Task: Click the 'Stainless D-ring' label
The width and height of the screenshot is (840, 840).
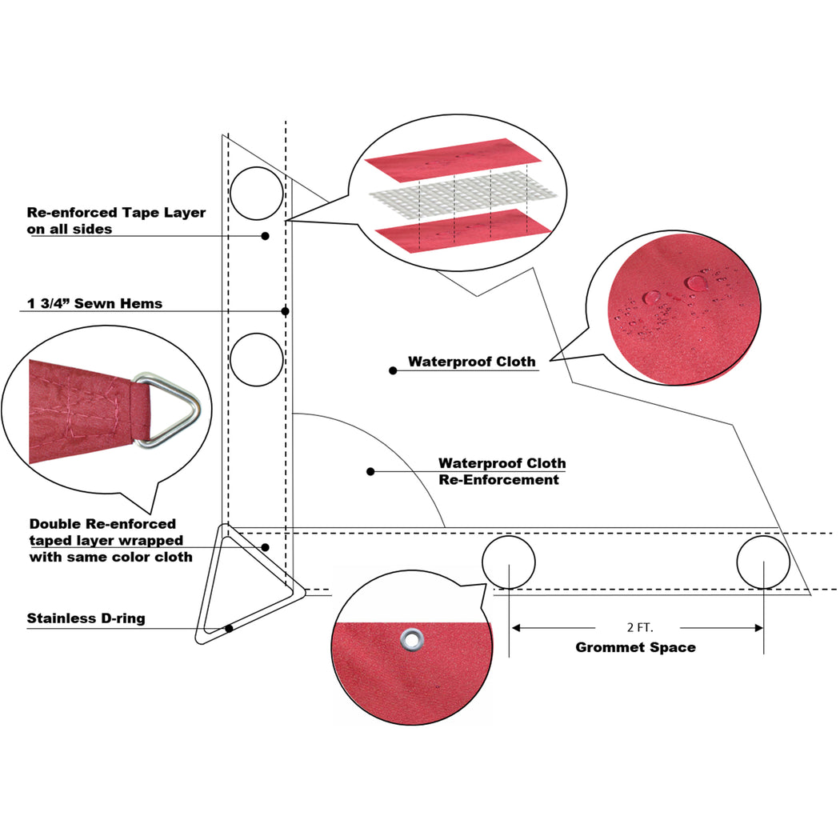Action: click(86, 618)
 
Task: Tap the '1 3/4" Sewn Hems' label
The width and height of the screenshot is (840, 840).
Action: click(94, 303)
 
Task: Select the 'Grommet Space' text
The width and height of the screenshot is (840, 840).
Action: click(635, 647)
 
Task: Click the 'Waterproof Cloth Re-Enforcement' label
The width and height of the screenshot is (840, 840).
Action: click(502, 471)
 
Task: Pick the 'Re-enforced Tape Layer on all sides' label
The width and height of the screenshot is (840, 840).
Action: click(116, 220)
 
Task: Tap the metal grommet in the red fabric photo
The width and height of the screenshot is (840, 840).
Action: click(412, 638)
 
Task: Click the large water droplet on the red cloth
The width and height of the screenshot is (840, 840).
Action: click(697, 282)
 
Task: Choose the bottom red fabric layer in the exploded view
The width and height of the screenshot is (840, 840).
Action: click(462, 230)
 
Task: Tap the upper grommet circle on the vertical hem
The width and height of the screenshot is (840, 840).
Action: click(257, 193)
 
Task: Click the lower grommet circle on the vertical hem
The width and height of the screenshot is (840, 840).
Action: click(257, 359)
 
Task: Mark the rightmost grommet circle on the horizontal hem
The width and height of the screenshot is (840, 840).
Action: click(763, 562)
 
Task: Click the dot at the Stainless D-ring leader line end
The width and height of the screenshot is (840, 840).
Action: click(230, 628)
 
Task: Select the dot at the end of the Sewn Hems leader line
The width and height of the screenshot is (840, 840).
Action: click(285, 310)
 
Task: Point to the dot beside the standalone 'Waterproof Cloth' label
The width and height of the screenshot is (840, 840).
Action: click(393, 370)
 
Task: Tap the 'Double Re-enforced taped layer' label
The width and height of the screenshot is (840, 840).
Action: click(110, 540)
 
